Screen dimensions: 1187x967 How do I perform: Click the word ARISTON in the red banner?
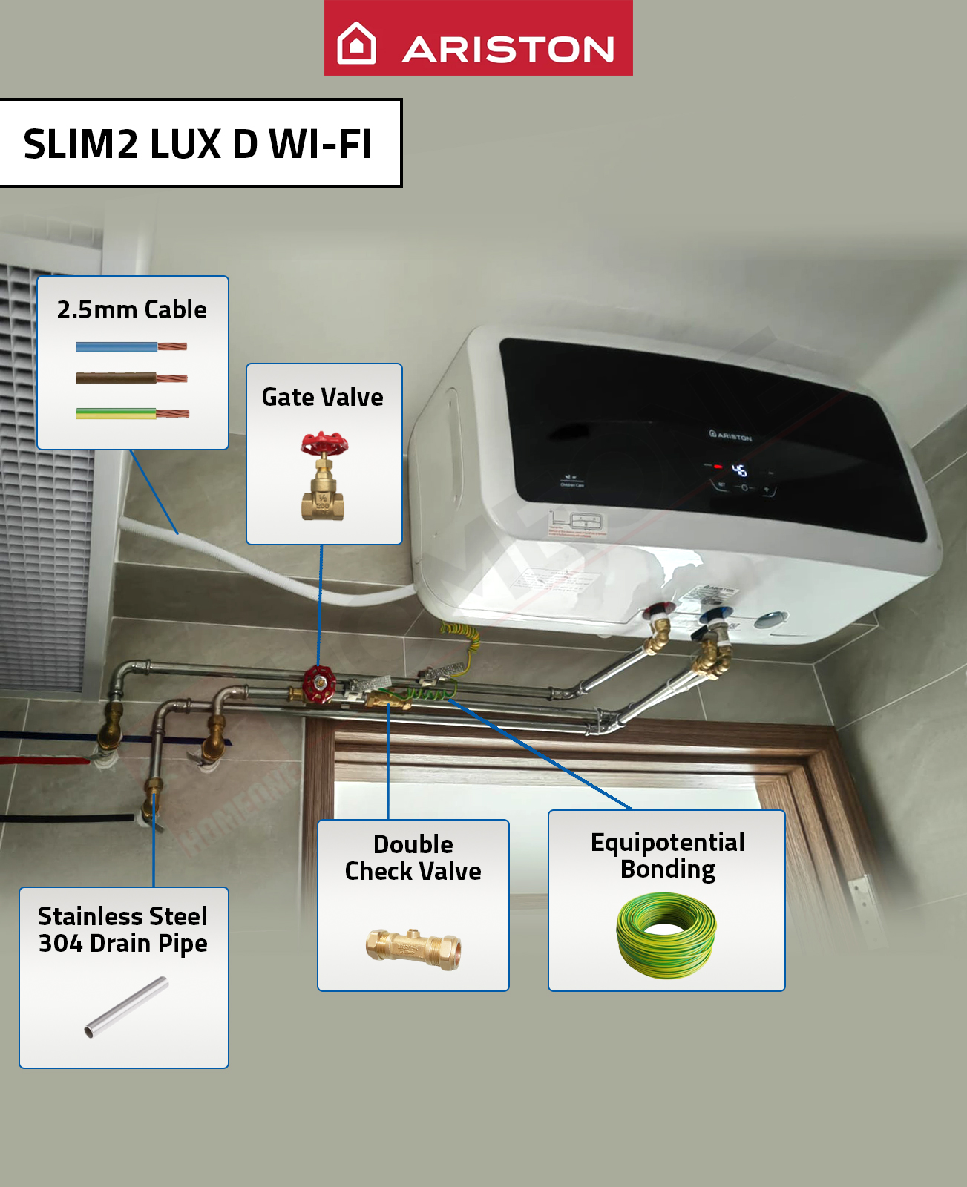[x=508, y=50]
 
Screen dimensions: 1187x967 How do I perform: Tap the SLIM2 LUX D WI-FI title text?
[x=197, y=144]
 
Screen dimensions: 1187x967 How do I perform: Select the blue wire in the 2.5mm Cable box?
[x=117, y=346]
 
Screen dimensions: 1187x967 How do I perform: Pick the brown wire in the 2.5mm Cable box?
[x=117, y=378]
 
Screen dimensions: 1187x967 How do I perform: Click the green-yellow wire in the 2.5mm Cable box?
[x=117, y=413]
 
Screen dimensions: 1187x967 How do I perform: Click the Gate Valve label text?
[x=323, y=397]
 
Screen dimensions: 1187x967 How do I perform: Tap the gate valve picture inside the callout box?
[x=324, y=476]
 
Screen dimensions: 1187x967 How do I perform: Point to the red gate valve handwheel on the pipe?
[x=320, y=683]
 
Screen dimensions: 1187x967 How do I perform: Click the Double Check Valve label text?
[x=413, y=858]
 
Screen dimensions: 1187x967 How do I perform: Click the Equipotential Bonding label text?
[x=667, y=855]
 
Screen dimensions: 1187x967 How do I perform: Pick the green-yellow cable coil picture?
[x=666, y=935]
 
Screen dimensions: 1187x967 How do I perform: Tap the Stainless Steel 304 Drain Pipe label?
[x=123, y=930]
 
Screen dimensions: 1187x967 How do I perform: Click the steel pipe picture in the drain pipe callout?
[x=126, y=1007]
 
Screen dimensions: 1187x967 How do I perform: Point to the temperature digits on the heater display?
[x=739, y=470]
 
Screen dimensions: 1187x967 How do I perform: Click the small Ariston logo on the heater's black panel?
[x=730, y=435]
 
